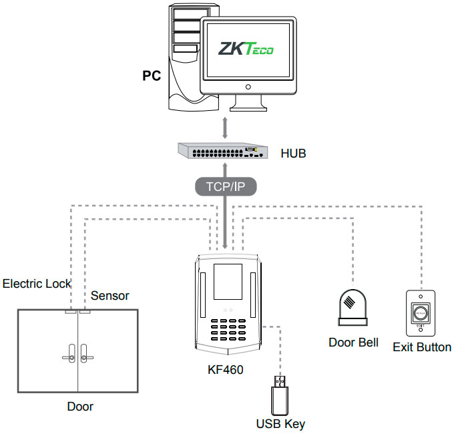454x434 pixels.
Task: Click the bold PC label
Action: click(x=152, y=75)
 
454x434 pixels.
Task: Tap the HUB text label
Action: click(x=293, y=154)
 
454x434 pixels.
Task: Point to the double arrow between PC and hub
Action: click(x=226, y=127)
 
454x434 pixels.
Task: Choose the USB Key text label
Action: click(x=280, y=423)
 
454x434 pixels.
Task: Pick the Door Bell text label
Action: click(x=353, y=343)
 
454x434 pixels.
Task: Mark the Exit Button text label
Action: click(x=422, y=347)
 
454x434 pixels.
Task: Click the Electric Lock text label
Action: click(x=37, y=284)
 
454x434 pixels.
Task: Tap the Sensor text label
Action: click(x=110, y=295)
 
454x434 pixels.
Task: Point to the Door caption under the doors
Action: click(x=80, y=406)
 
